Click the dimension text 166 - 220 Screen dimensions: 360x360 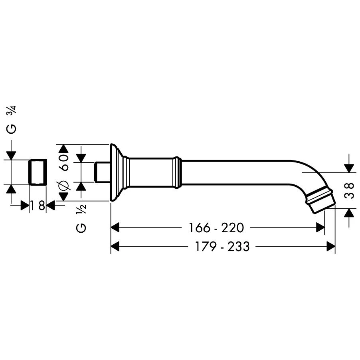coord(216,228)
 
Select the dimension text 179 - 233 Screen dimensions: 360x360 coord(222,246)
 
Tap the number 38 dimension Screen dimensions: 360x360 coord(350,190)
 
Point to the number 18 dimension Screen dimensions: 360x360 coord(38,205)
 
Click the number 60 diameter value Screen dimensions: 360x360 coord(64,162)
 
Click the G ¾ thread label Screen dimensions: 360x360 coord(12,119)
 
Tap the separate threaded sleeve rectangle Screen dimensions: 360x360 coord(38,172)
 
